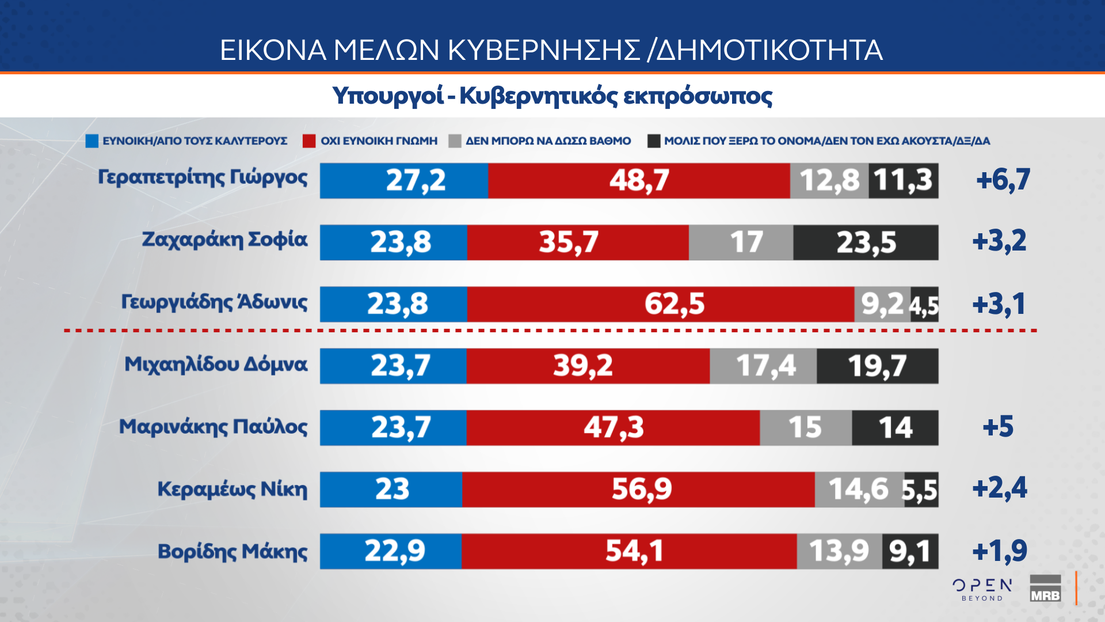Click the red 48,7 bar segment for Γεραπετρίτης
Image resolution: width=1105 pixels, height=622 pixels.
pos(639,181)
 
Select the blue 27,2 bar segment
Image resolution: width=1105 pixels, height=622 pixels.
pos(404,181)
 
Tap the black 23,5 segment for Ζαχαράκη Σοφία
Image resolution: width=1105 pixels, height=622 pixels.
pos(866,242)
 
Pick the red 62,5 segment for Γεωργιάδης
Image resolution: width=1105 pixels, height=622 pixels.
pos(661,304)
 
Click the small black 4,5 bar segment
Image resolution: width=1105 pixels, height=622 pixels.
pos(925,305)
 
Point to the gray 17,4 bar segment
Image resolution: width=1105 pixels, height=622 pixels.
pos(763,366)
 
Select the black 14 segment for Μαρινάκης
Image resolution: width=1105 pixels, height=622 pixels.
pos(895,428)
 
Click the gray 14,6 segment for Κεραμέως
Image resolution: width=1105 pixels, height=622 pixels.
pos(859,490)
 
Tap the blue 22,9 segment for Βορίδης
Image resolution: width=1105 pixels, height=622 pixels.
pos(391,551)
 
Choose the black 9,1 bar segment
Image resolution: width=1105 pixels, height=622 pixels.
pos(910,551)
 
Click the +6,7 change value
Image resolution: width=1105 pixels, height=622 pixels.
pos(1003,180)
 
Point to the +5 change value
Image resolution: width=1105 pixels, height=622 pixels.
pos(998,427)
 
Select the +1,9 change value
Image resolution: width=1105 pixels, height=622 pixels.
pos(1000,551)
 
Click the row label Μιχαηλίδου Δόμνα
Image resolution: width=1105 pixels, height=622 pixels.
pos(216,365)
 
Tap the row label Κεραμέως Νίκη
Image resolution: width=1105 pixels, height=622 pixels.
pos(233,489)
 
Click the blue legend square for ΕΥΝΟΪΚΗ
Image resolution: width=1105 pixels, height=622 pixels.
pos(92,141)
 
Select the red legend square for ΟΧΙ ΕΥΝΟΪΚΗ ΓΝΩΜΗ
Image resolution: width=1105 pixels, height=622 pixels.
pos(309,141)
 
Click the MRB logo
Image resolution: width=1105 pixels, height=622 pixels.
pos(1045,589)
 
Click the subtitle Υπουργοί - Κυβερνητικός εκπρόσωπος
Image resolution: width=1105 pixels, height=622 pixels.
pos(552,96)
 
